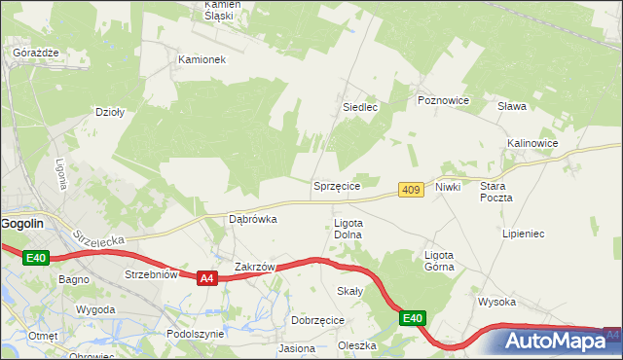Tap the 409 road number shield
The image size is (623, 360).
click(x=411, y=190)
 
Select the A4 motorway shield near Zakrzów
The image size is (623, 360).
click(x=205, y=278)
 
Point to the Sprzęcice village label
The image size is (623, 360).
click(x=337, y=185)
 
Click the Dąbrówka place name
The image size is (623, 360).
click(x=252, y=219)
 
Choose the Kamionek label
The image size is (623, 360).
click(x=202, y=59)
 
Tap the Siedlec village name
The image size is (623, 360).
click(x=359, y=107)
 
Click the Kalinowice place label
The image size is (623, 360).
click(x=531, y=143)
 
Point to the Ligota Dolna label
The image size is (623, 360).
click(x=348, y=229)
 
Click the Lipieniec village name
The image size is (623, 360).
click(x=523, y=234)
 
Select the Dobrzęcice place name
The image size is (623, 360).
click(x=317, y=319)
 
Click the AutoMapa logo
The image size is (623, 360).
click(x=555, y=342)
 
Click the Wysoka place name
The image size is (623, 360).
click(x=496, y=302)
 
